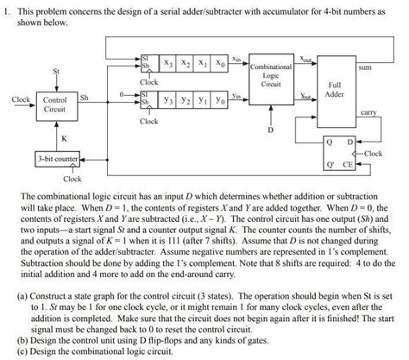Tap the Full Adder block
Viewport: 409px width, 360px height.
coord(334,92)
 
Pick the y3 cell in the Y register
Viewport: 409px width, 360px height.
coord(172,101)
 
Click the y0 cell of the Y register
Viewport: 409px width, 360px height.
coord(220,101)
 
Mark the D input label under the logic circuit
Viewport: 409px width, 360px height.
coord(270,130)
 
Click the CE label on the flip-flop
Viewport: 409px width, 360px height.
coord(349,161)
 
